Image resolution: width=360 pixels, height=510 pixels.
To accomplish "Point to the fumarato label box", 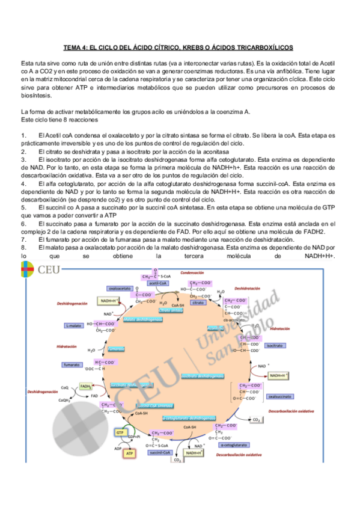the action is pos(73,364).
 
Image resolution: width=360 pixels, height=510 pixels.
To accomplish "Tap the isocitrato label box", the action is pos(275,346).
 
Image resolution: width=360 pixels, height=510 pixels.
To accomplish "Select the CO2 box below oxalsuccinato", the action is pos(256,419).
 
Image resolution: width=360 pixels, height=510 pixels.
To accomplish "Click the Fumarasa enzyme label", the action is pos(117,348).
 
